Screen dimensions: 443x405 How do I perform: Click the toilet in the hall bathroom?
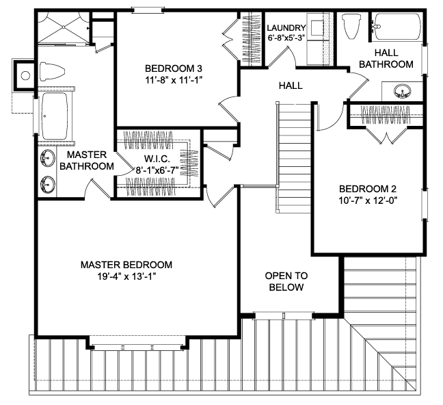click(x=351, y=26)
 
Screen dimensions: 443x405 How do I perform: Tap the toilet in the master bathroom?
click(x=53, y=70)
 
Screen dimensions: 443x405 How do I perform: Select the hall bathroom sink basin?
click(x=403, y=91)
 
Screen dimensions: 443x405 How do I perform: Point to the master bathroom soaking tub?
click(x=55, y=116)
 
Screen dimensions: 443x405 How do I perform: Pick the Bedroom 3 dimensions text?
click(x=174, y=81)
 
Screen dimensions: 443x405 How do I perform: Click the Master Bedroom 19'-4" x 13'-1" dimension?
click(x=127, y=276)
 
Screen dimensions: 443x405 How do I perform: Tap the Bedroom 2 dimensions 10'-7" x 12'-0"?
click(x=368, y=200)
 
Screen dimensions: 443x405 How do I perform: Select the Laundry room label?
click(x=286, y=28)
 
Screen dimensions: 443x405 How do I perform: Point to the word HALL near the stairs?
click(x=291, y=86)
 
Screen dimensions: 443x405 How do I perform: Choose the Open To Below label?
click(x=286, y=281)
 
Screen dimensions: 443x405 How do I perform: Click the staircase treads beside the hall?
click(x=294, y=158)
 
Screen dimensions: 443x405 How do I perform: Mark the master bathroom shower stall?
click(x=64, y=27)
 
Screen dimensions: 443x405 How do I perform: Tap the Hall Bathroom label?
click(x=386, y=59)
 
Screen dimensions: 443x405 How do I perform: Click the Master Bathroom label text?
click(x=87, y=160)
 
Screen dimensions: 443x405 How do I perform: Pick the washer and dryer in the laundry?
click(x=317, y=39)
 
